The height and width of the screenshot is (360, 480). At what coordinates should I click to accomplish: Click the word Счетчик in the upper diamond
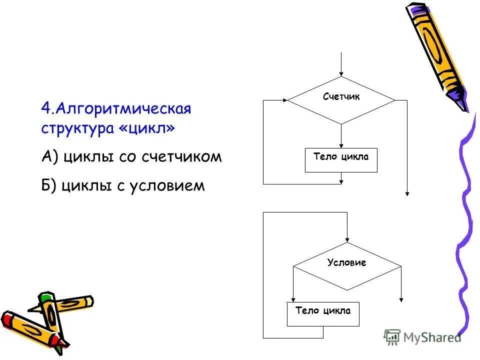(x=341, y=97)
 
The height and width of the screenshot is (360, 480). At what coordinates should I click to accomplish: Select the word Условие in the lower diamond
(x=346, y=262)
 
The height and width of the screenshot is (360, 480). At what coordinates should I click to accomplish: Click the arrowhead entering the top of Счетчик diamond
(x=341, y=73)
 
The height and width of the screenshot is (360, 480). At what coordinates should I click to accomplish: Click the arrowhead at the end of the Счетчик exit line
(x=407, y=193)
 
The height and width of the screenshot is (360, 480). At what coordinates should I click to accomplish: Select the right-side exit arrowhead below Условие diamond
(x=401, y=299)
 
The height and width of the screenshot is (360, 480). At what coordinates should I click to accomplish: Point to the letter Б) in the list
(x=50, y=186)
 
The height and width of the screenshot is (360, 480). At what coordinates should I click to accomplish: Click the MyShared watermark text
(x=429, y=337)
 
